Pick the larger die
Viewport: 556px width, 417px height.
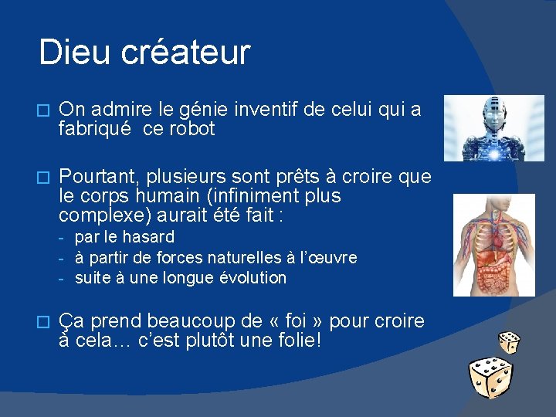click(490, 378)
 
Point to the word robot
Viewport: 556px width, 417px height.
click(189, 129)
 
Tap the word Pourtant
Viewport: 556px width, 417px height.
click(93, 177)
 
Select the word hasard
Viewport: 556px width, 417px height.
click(147, 237)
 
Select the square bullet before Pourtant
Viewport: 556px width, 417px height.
click(43, 178)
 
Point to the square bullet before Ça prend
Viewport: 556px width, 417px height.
click(43, 321)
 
